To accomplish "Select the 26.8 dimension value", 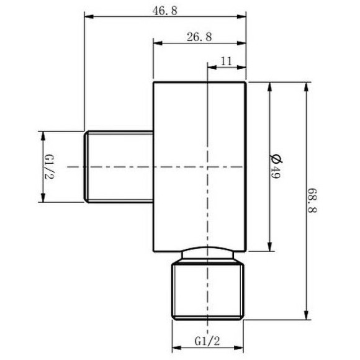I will click(x=199, y=37).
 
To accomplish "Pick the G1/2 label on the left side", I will click(x=47, y=166).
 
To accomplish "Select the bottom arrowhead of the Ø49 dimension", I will click(x=269, y=250).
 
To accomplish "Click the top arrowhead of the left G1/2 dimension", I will click(x=42, y=134).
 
